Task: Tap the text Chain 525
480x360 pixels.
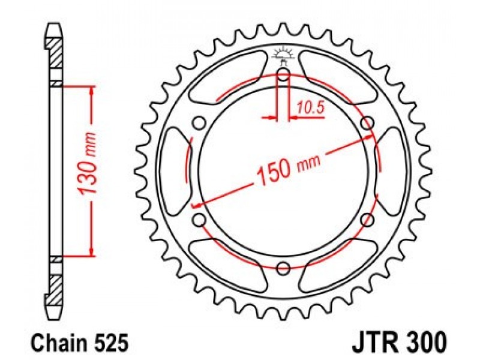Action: pyautogui.click(x=79, y=343)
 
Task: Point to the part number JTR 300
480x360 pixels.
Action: pyautogui.click(x=400, y=342)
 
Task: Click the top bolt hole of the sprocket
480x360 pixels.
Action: pyautogui.click(x=283, y=74)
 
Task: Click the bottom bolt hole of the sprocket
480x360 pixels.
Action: pyautogui.click(x=283, y=268)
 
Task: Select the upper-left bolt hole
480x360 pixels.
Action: pyautogui.click(x=199, y=124)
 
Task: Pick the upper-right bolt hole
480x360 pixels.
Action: pyautogui.click(x=367, y=124)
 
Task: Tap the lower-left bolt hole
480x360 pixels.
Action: pyautogui.click(x=199, y=220)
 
